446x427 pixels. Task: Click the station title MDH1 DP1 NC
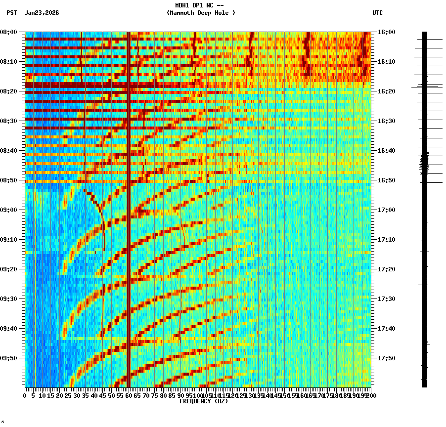tap(196, 5)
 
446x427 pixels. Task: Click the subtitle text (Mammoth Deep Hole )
tap(201, 13)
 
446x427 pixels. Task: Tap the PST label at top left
tap(11, 13)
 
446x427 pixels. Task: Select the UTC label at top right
tap(377, 13)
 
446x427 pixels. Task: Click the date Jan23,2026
tap(42, 13)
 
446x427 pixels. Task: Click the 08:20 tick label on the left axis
tap(9, 91)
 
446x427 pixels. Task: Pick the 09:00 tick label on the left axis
tap(9, 210)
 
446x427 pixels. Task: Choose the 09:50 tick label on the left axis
tap(9, 358)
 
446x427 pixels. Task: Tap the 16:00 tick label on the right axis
tap(386, 32)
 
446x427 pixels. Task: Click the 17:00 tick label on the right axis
tap(386, 210)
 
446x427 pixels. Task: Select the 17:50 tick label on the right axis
tap(386, 358)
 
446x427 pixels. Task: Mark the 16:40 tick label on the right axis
tap(386, 151)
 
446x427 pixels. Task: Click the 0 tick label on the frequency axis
tap(25, 395)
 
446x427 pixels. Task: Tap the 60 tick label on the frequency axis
tap(129, 395)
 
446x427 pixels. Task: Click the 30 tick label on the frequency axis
tap(77, 395)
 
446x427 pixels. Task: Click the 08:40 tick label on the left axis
tap(9, 151)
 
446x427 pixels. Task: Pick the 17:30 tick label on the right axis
tap(386, 299)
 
